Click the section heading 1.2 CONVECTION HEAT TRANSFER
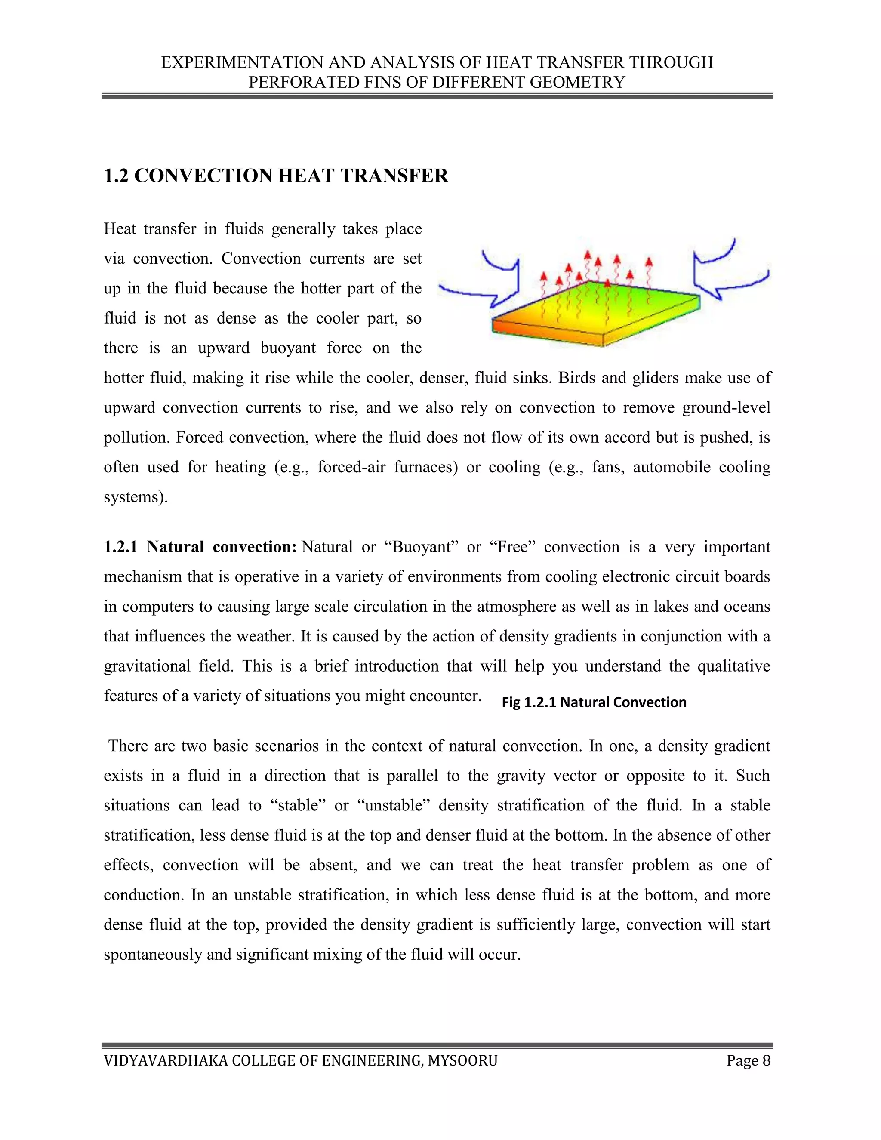(276, 176)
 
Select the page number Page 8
(748, 1061)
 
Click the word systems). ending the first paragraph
(136, 496)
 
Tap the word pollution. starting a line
(137, 437)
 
